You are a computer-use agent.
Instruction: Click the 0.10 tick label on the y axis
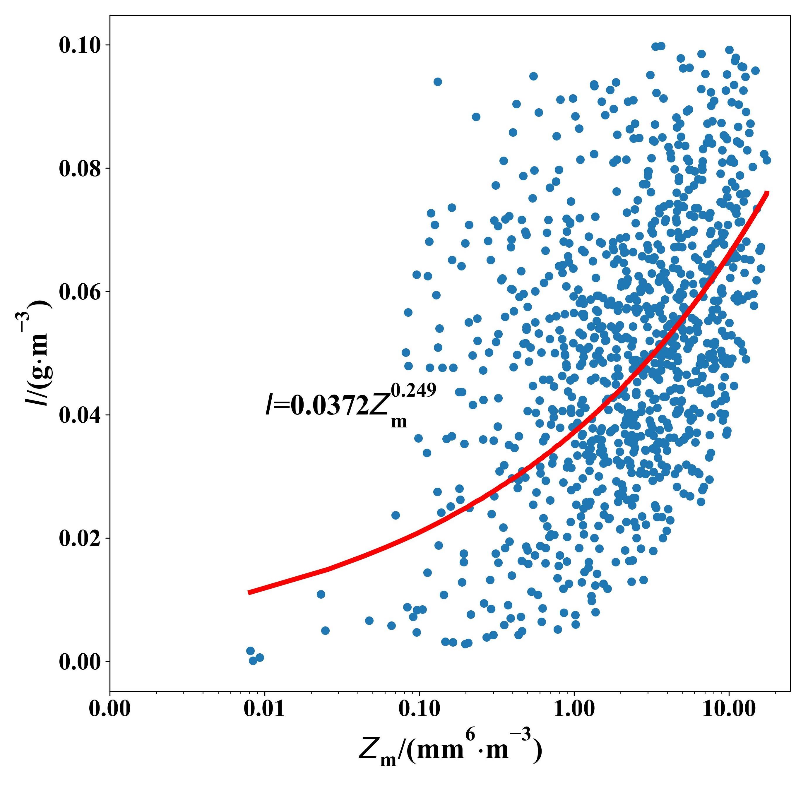point(80,46)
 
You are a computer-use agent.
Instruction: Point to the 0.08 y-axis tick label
point(80,169)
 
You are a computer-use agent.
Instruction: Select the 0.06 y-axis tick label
point(80,292)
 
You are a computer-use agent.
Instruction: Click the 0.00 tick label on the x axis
point(110,709)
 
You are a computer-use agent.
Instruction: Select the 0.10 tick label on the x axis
point(419,709)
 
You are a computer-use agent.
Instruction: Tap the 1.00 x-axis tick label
point(574,709)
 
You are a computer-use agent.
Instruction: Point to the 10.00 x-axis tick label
point(729,709)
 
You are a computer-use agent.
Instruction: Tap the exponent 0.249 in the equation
point(414,390)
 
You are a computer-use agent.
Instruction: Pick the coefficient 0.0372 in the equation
point(329,406)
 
